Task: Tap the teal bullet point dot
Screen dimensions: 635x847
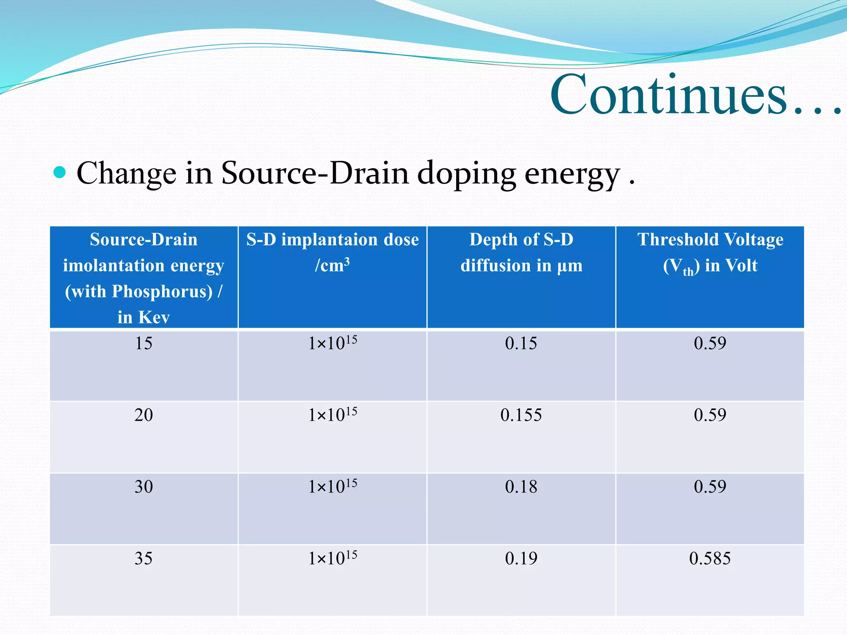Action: tap(60, 172)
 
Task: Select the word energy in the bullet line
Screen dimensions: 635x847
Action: tap(572, 174)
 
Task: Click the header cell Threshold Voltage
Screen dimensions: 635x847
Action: tap(710, 240)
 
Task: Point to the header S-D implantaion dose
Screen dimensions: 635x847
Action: tap(333, 240)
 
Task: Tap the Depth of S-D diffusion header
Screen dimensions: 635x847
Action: tap(521, 252)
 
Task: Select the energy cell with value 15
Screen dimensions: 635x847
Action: tap(144, 344)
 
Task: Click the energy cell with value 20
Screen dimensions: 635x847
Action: tap(144, 415)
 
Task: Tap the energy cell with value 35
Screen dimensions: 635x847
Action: tap(144, 559)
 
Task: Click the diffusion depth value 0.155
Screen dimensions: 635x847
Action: tap(521, 415)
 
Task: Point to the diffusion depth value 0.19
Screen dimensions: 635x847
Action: tap(521, 559)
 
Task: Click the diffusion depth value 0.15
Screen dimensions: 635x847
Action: tap(521, 344)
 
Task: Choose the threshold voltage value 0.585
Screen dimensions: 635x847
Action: tap(710, 559)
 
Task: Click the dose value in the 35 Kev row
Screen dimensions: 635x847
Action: tap(333, 559)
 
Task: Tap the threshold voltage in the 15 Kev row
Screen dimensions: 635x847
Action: tap(710, 344)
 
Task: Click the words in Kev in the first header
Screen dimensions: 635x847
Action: tap(144, 317)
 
